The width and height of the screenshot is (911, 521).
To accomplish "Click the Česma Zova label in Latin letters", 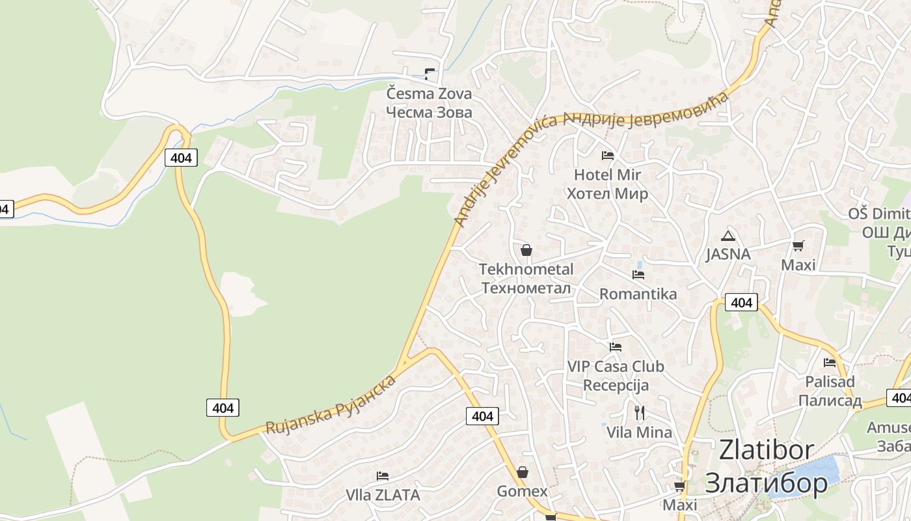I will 429,94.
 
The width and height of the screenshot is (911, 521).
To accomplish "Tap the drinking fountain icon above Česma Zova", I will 429,74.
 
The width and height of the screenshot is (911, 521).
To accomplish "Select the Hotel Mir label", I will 607,175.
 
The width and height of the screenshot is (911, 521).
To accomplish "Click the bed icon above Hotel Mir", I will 607,156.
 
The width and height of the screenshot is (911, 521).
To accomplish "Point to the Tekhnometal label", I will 526,270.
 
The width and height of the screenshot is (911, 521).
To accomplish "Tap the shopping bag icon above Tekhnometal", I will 526,250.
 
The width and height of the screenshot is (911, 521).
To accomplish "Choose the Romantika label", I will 638,294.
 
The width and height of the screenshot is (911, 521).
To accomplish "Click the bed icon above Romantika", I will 638,275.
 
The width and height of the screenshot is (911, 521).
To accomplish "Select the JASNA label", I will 728,255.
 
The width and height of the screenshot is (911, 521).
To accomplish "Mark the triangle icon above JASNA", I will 727,236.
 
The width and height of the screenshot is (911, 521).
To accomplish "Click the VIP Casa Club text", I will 616,367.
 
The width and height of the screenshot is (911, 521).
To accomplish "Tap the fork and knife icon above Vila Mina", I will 639,412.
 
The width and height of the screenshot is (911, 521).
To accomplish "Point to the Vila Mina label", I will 639,432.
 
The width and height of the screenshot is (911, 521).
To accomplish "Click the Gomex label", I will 522,491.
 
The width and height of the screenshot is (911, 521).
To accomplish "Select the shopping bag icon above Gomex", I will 522,472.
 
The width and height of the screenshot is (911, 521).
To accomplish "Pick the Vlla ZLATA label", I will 383,496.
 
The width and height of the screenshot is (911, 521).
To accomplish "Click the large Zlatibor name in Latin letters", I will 766,450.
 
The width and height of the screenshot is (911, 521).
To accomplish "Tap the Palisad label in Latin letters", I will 830,382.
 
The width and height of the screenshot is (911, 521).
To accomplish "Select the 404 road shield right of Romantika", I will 741,302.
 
